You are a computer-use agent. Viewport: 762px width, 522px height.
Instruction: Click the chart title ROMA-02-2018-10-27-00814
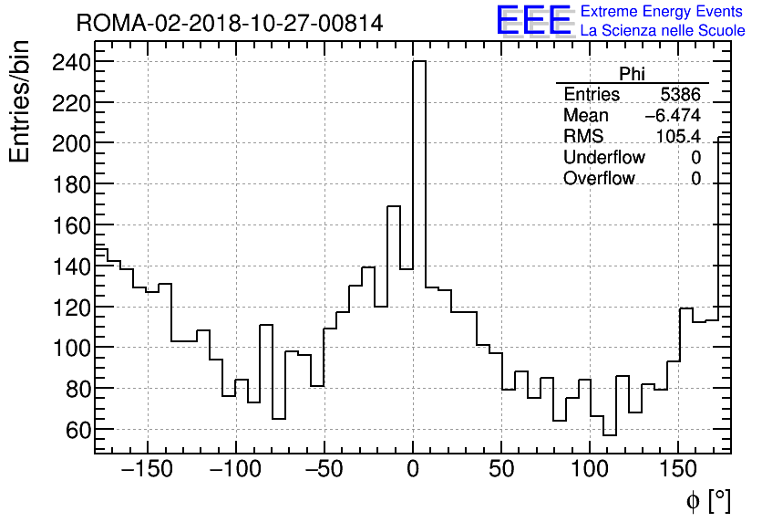pyautogui.click(x=230, y=22)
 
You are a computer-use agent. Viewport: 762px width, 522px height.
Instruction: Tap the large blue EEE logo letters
pyautogui.click(x=533, y=20)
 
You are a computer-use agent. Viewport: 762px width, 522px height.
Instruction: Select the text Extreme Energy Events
pyautogui.click(x=663, y=12)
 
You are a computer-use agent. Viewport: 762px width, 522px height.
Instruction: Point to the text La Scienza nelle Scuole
pyautogui.click(x=663, y=31)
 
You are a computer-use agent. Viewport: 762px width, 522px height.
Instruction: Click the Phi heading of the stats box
pyautogui.click(x=632, y=74)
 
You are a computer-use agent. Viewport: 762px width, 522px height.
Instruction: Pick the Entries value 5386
pyautogui.click(x=681, y=95)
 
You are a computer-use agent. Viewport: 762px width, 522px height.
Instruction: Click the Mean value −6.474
pyautogui.click(x=673, y=116)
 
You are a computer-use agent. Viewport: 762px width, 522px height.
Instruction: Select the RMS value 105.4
pyautogui.click(x=679, y=136)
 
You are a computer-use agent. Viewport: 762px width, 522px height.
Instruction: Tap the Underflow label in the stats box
pyautogui.click(x=603, y=157)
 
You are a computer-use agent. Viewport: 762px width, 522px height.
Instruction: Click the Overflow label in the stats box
pyautogui.click(x=599, y=178)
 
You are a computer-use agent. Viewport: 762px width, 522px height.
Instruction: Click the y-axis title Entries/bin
pyautogui.click(x=20, y=103)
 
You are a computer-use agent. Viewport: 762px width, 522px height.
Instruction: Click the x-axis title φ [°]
pyautogui.click(x=707, y=501)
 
